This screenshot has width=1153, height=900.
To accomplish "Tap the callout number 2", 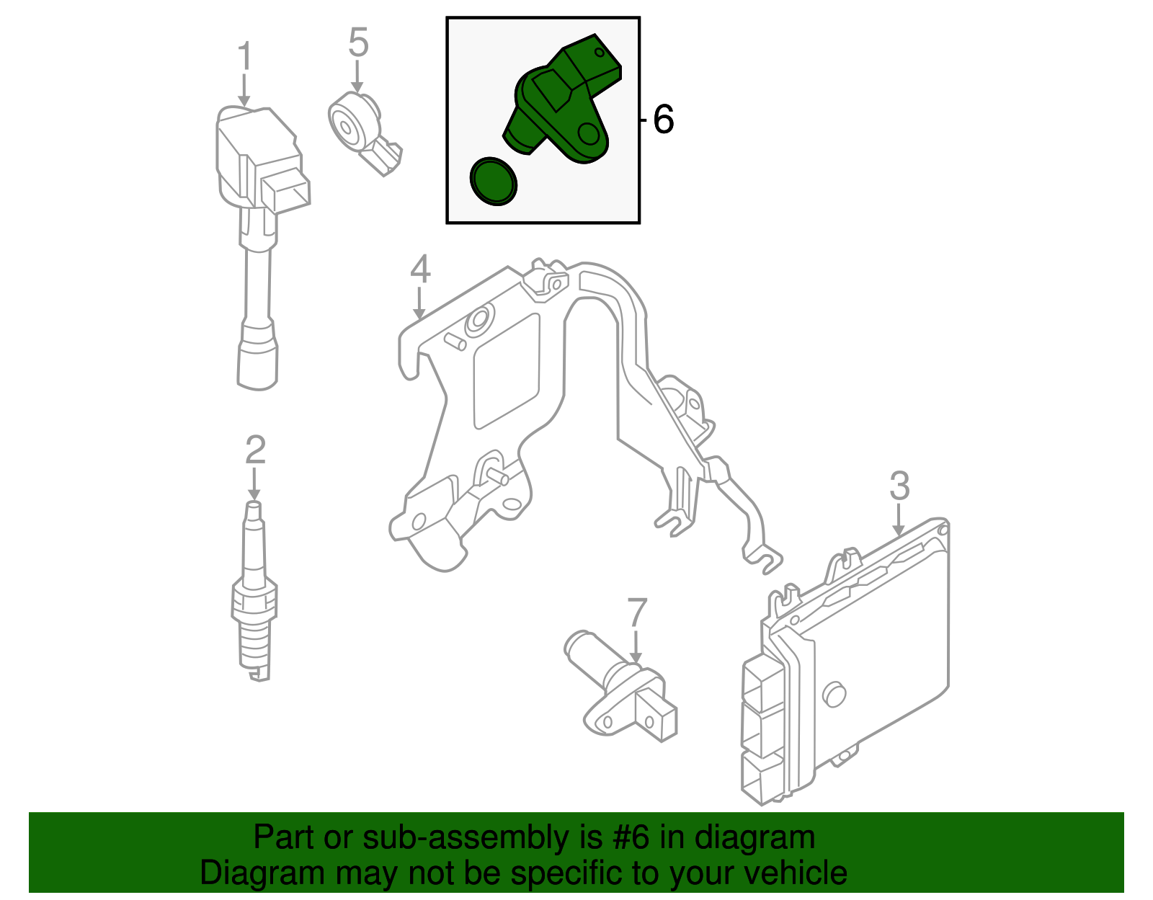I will click(255, 450).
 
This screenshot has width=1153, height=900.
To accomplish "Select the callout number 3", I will click(899, 486).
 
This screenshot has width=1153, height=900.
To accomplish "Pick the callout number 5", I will click(358, 43).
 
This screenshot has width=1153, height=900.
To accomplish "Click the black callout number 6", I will click(663, 119).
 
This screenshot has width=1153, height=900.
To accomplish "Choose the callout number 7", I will click(637, 612).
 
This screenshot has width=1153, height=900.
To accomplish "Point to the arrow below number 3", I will click(899, 520).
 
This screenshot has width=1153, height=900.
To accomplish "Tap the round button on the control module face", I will click(834, 693).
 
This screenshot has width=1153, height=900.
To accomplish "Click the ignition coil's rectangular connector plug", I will click(287, 192).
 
